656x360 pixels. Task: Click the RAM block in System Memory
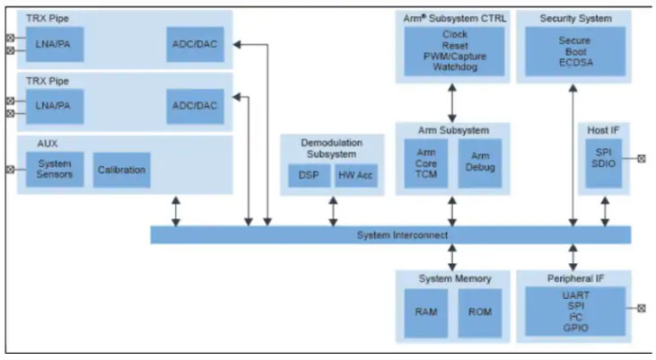click(x=426, y=313)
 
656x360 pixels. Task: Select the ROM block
click(x=480, y=313)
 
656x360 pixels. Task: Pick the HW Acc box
click(x=356, y=177)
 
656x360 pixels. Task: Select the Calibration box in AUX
click(x=121, y=170)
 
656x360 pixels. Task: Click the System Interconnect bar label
click(x=389, y=235)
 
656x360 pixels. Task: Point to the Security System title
click(x=575, y=18)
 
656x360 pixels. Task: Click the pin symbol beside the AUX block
click(x=10, y=169)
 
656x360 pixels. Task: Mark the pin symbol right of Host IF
click(x=641, y=159)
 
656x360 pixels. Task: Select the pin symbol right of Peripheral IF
click(x=641, y=308)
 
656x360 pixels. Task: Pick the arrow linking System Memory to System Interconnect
click(x=452, y=256)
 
